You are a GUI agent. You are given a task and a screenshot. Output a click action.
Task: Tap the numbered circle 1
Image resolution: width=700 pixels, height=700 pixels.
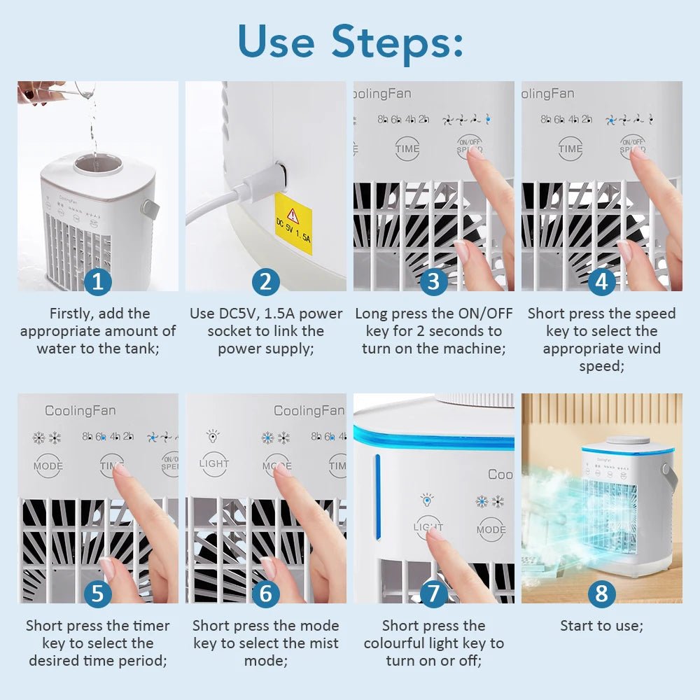(x=98, y=282)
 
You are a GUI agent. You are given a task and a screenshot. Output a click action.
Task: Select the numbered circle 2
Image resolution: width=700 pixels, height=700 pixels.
(x=265, y=282)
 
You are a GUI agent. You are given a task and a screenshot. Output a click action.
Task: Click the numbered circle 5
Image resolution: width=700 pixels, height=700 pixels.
(x=98, y=594)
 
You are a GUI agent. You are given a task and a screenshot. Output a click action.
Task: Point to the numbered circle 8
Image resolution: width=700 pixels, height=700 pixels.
(x=601, y=594)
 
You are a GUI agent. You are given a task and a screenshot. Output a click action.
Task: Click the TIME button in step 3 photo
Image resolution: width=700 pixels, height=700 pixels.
(x=407, y=148)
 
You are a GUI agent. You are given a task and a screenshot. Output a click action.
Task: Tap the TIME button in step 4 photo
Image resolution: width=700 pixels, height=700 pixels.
(x=570, y=148)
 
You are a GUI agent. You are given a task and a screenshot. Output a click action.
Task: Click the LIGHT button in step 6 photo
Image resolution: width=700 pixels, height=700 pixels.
(x=213, y=463)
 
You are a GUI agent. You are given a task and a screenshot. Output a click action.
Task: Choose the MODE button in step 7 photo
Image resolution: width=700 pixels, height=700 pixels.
(x=491, y=530)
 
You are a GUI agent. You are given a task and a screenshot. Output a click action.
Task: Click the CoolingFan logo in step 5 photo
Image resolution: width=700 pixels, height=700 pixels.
(x=80, y=411)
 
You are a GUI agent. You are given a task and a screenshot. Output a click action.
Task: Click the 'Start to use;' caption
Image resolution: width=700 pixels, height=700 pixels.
(x=601, y=626)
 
